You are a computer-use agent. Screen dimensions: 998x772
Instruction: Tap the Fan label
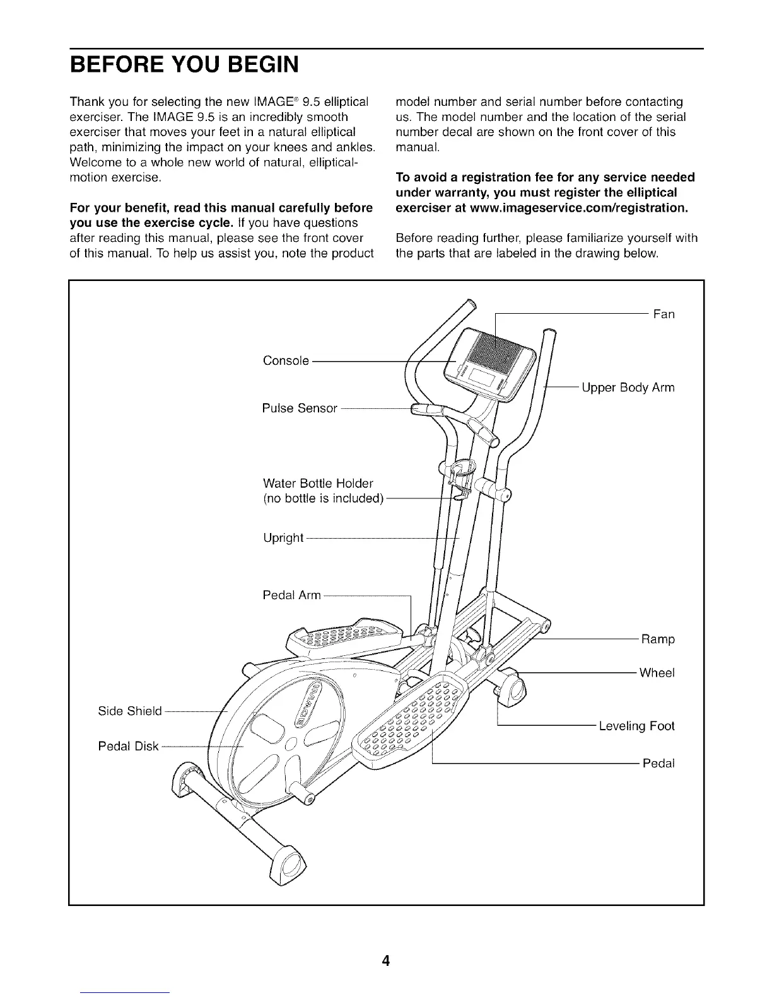[664, 314]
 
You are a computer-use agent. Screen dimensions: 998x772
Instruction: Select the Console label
[286, 361]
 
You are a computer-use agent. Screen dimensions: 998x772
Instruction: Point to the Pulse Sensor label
[300, 408]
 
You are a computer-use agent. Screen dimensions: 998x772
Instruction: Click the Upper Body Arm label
[628, 387]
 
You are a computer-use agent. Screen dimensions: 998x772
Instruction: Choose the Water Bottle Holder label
[318, 484]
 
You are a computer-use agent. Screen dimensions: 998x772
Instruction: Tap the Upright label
[283, 538]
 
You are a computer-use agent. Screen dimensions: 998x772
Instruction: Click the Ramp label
[658, 640]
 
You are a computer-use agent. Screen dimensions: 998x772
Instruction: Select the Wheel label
[657, 673]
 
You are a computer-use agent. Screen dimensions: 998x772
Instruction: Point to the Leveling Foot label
[636, 726]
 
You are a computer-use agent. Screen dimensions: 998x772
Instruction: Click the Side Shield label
[130, 711]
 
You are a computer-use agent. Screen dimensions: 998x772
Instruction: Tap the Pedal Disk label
[128, 747]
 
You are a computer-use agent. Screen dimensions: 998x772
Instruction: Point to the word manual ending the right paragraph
[416, 147]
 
